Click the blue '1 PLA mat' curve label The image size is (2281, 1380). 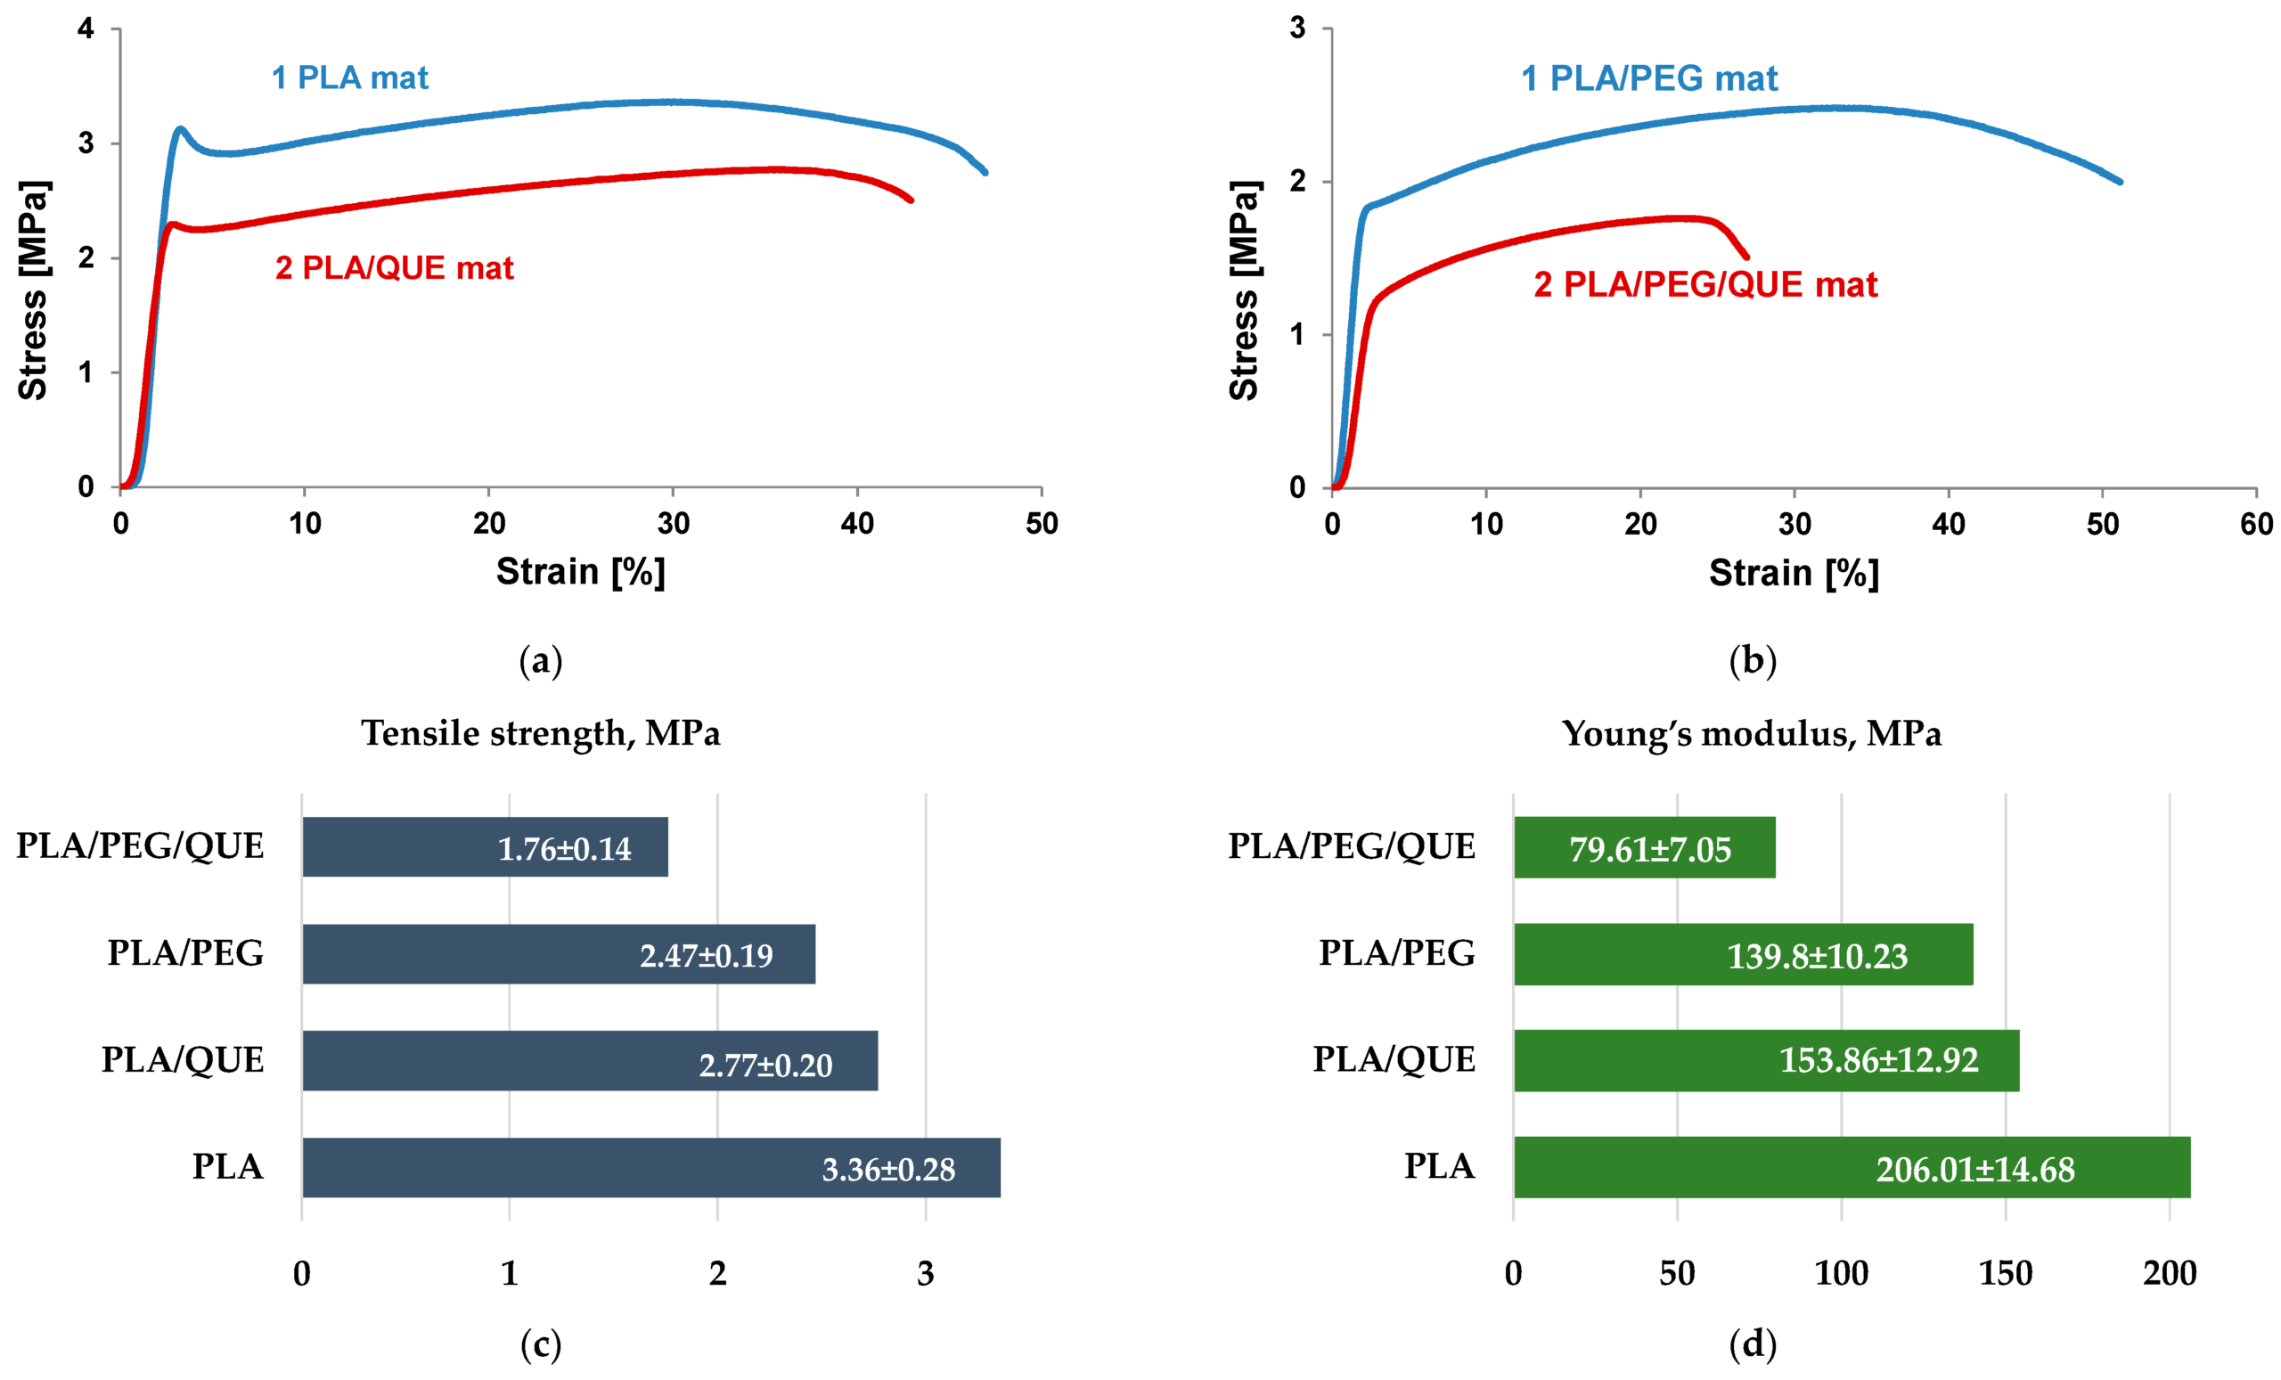coord(349,78)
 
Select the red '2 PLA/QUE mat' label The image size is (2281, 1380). coord(394,268)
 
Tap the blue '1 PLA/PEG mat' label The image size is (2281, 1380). coord(1648,78)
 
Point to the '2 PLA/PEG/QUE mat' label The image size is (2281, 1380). coord(1705,284)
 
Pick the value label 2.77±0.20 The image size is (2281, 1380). coord(764,1066)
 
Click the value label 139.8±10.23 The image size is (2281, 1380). coord(1816,956)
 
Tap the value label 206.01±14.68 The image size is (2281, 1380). coord(1974,1170)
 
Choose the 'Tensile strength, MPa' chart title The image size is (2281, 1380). coord(541,733)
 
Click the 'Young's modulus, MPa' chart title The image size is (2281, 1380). coord(1751,733)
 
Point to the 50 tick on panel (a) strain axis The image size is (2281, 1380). coord(1042,524)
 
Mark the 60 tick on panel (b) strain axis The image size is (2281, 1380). coord(2256,525)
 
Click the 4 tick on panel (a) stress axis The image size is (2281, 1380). coord(86,29)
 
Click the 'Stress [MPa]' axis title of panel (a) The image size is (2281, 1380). coord(33,290)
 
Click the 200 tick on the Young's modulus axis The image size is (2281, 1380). coord(2169,1274)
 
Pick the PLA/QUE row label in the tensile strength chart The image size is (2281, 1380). coord(183,1060)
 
